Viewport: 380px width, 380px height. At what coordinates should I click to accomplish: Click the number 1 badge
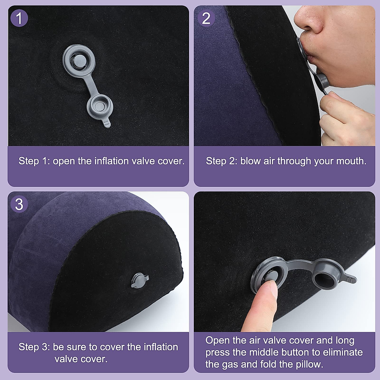19,18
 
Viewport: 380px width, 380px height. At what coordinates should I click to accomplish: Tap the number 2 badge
206,18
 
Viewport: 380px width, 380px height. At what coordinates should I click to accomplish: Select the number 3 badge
19,204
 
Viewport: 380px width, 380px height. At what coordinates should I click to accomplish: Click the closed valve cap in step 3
140,280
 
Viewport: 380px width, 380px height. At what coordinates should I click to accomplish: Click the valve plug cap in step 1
100,107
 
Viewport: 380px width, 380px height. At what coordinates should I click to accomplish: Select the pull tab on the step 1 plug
107,123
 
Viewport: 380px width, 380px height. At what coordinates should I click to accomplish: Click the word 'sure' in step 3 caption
76,347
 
